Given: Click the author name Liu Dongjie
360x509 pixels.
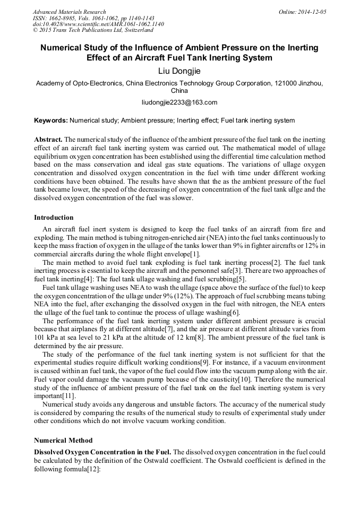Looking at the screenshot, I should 180,71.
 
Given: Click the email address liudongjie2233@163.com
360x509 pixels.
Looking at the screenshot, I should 180,102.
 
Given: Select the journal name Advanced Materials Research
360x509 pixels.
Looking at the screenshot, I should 70,12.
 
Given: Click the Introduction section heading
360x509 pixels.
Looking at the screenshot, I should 54,217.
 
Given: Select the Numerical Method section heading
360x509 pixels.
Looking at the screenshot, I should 63,440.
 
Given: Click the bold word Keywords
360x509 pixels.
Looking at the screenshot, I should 50,120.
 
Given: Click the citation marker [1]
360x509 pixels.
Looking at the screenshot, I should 195,255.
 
